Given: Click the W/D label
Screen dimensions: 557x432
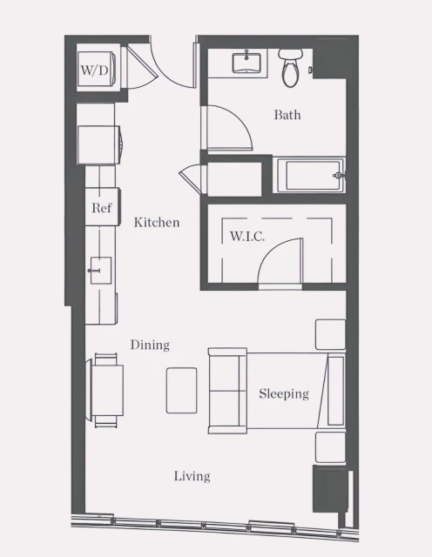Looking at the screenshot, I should point(94,69).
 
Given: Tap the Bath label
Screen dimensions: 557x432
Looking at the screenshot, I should point(287,115).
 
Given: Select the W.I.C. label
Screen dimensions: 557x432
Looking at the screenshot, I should point(246,236).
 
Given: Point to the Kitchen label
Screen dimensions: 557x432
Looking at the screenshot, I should point(157,223).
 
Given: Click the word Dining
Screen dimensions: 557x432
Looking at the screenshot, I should point(150,346).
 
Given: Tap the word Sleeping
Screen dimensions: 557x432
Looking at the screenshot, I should point(284,394).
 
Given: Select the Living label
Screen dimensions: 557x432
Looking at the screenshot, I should point(192,476).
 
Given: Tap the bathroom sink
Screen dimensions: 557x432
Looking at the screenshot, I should point(248,63).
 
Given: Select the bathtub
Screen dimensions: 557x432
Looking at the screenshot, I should point(310,175).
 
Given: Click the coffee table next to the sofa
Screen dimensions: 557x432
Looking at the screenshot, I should point(182,390).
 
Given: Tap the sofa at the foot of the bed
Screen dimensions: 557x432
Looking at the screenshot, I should point(226,390).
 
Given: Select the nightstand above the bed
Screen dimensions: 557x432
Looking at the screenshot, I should point(330,334).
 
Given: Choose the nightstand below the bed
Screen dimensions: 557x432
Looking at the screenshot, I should point(330,446).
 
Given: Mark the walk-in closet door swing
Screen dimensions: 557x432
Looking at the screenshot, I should point(279,261).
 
